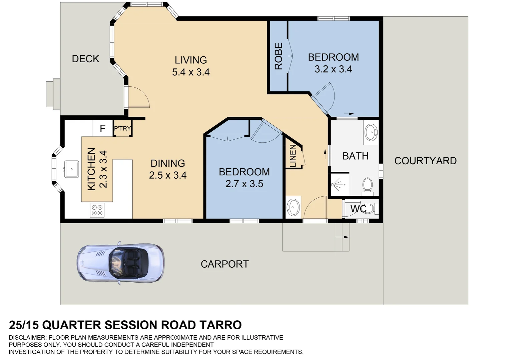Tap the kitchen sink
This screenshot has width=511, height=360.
point(71,169)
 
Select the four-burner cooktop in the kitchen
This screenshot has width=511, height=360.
point(97,210)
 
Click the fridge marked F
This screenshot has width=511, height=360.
point(103,128)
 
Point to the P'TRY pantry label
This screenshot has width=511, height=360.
point(122,128)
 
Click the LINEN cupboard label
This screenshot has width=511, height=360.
point(293,156)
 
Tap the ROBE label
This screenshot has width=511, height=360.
point(279,56)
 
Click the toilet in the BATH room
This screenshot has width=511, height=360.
point(367,187)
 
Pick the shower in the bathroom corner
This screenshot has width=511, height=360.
point(340,184)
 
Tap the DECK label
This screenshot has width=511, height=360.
point(85,59)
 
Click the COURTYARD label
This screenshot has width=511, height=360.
point(426,161)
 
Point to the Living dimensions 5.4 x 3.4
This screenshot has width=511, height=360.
point(191,72)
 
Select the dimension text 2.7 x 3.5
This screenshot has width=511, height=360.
point(244,184)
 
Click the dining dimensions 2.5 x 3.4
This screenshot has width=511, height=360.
point(168,175)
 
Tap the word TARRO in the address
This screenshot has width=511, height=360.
point(220,325)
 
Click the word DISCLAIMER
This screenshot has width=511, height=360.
point(28,337)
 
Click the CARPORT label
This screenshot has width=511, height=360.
point(225,264)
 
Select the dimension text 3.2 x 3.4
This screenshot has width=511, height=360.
point(334,69)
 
